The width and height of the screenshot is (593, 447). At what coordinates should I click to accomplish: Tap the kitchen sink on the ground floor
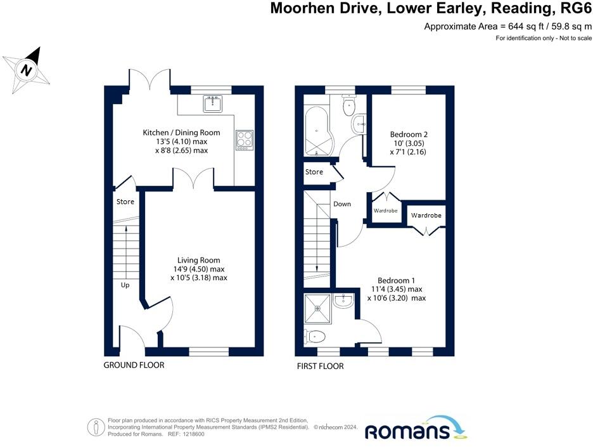pos(213,103)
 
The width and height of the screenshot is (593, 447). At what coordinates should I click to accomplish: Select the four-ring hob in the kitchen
pos(245,140)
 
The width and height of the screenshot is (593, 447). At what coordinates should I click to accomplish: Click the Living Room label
pos(198,260)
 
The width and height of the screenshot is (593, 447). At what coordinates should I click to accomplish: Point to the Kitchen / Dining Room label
pos(181,133)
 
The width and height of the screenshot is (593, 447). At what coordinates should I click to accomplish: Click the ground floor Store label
pos(125,202)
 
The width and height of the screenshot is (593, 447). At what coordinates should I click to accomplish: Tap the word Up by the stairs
pos(125,285)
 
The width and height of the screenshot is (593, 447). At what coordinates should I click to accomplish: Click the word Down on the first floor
pos(342,204)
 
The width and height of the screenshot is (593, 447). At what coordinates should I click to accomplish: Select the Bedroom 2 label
pos(409,134)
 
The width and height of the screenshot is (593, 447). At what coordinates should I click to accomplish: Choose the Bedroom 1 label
pos(396,280)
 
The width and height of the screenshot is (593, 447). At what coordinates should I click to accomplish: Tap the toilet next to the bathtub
pos(348,105)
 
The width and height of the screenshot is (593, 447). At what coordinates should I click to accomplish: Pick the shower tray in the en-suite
pos(318,308)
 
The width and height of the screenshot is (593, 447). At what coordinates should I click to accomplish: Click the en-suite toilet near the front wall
pos(315,335)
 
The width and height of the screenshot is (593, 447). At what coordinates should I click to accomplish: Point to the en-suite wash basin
pos(344,301)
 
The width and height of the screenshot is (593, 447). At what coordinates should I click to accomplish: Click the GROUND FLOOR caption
pos(134,365)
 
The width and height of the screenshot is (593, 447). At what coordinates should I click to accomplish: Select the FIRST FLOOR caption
pos(320,366)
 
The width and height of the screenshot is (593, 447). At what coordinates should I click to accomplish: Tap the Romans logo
pos(416,428)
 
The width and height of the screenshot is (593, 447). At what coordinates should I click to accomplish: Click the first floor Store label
pos(314,172)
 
